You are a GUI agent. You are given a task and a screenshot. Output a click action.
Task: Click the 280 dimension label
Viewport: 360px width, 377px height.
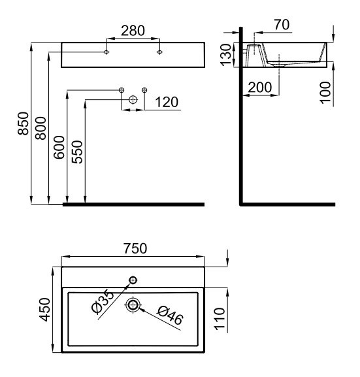point(133,31)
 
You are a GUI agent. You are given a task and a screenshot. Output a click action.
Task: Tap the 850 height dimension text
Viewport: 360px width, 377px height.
point(24,123)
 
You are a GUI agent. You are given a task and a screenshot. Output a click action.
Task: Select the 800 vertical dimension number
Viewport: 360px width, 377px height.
point(41,128)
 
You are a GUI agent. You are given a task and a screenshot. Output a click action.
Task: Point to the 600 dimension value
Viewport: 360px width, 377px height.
point(59,147)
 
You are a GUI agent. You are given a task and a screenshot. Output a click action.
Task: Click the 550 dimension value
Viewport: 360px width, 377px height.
point(77,152)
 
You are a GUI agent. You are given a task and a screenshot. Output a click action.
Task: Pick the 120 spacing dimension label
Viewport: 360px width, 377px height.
point(167,102)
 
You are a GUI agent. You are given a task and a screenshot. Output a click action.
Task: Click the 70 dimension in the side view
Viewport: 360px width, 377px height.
point(282,25)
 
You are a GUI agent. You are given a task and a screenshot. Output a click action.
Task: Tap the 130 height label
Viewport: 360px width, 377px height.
point(226,55)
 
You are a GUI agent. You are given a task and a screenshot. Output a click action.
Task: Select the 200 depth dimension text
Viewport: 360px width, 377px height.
point(260,87)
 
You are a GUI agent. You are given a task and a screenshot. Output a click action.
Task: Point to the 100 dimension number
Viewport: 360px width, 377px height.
point(325,93)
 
